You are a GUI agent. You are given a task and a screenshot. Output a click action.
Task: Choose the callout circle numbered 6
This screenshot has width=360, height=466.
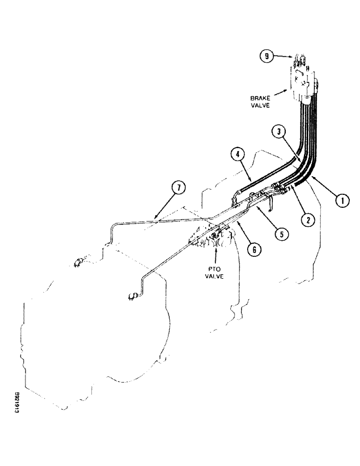(254, 250)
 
